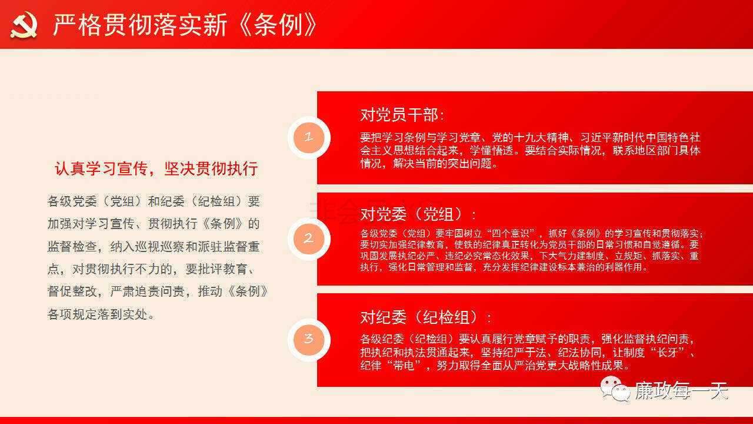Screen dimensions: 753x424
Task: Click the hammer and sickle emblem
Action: click(24, 25)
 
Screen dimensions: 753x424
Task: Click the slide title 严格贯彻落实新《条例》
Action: click(185, 25)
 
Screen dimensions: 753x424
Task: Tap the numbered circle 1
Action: click(309, 138)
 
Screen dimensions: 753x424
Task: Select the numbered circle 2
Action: click(309, 238)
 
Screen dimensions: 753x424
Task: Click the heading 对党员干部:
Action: click(402, 115)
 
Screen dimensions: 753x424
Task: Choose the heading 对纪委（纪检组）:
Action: click(425, 317)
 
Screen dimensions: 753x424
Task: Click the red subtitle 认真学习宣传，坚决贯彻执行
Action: click(156, 168)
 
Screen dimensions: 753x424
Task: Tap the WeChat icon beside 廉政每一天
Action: click(615, 389)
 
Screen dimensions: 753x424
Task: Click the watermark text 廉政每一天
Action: click(681, 390)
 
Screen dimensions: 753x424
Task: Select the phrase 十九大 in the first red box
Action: click(530, 137)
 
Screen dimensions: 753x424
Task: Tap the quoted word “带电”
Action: click(404, 365)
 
